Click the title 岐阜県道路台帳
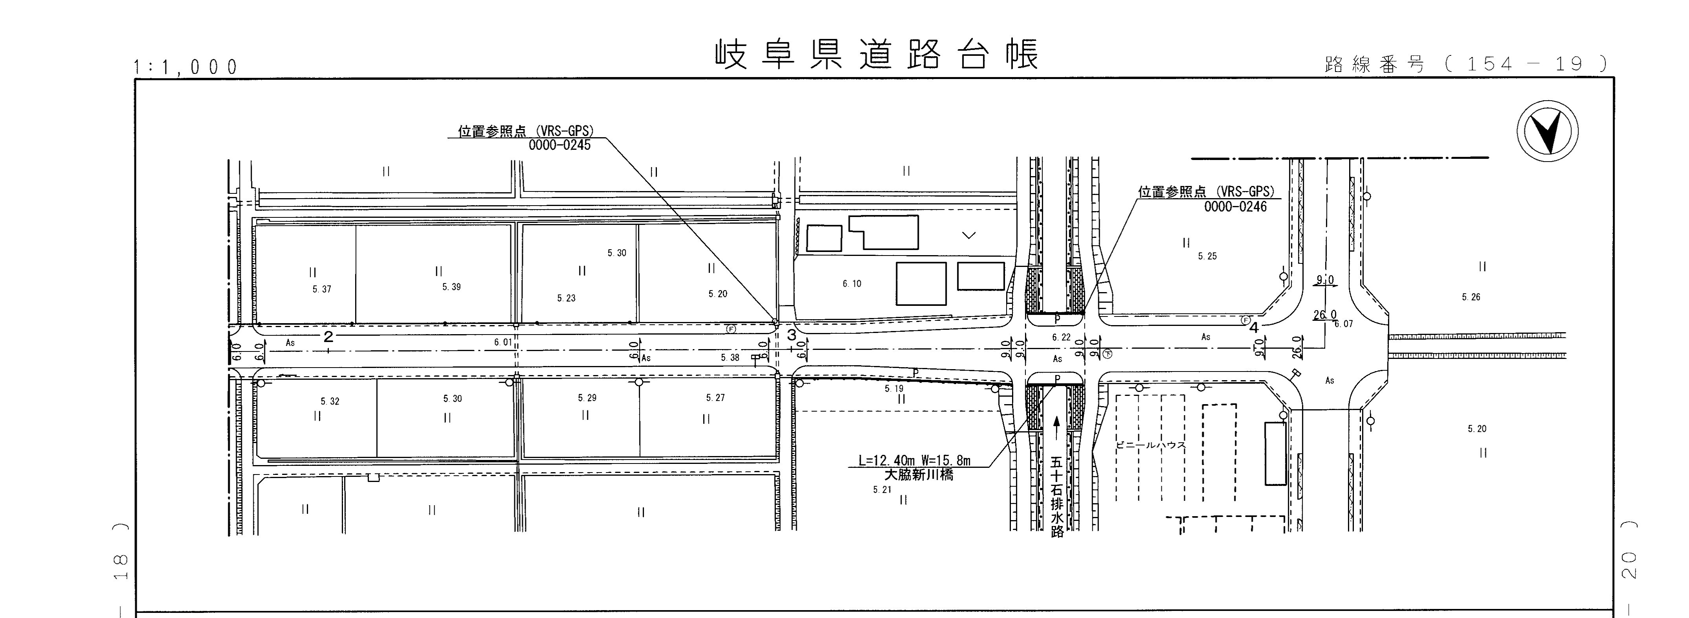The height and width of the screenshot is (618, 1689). (x=877, y=55)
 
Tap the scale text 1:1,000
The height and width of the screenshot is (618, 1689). (x=185, y=67)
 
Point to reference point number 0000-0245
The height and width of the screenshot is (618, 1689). (x=559, y=145)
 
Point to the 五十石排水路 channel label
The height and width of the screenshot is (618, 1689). (x=1056, y=497)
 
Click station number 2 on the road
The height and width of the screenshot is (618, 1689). (x=328, y=337)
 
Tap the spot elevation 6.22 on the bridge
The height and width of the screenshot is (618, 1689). (x=1061, y=337)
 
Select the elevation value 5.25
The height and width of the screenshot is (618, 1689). (x=1207, y=256)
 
